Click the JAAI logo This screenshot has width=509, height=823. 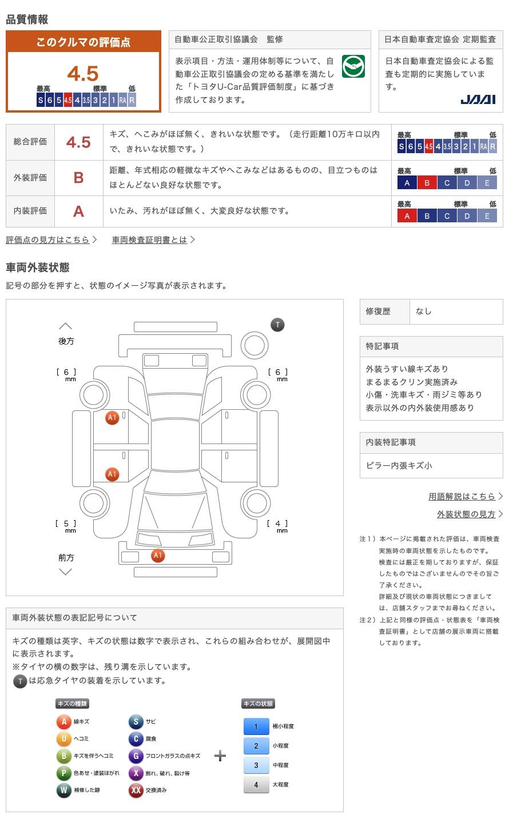pos(478,99)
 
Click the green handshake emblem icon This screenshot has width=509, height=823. pos(353,66)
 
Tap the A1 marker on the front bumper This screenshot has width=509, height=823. pos(158,555)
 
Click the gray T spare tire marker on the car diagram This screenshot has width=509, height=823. pos(277,325)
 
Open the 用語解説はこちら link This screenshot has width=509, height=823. pos(462,496)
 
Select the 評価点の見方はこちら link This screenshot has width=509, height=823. pos(48,239)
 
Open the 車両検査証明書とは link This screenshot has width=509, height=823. pos(150,239)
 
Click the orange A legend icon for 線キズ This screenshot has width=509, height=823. pos(63,722)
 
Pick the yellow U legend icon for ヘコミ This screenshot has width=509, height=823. pos(63,739)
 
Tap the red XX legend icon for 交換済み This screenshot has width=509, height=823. pos(136,790)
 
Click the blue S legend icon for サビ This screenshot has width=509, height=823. pos(136,722)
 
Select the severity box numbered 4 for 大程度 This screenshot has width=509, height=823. pos(256,785)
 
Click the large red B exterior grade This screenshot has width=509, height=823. pos(78,178)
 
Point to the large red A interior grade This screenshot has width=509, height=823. pos(78,211)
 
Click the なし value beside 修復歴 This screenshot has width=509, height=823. pos(424,311)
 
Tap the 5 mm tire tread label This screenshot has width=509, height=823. pos(66,524)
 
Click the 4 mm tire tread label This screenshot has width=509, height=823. pos(278,524)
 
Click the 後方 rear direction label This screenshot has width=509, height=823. pos(66,341)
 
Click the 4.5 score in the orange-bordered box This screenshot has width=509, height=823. pos(83,74)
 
